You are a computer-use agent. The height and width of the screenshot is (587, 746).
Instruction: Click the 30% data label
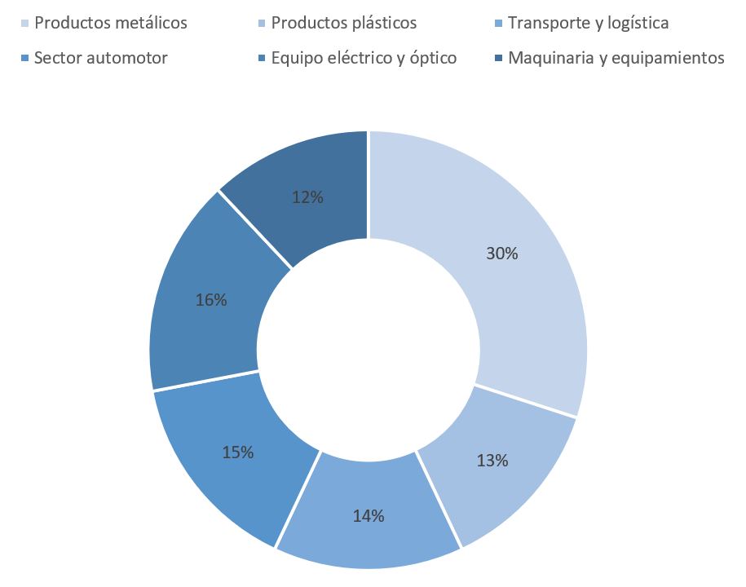[x=501, y=254]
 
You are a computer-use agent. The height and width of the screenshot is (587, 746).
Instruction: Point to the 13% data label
[x=492, y=461]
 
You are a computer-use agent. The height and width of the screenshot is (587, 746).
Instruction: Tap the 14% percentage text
[x=369, y=515]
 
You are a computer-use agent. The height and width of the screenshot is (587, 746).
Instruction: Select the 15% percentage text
[x=238, y=452]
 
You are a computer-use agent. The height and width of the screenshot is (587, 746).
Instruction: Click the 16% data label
[x=211, y=300]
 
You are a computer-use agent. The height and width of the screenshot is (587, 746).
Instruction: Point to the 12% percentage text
[x=308, y=196]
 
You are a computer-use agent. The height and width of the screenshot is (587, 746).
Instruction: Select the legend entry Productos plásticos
[x=343, y=23]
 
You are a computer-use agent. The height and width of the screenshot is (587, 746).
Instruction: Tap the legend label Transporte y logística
[x=588, y=23]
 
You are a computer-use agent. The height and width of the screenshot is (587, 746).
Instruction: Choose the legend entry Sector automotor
[x=100, y=58]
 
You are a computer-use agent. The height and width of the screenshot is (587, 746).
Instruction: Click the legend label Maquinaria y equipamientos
[x=616, y=58]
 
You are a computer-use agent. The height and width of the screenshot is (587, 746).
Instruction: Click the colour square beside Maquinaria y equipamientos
[x=498, y=58]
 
